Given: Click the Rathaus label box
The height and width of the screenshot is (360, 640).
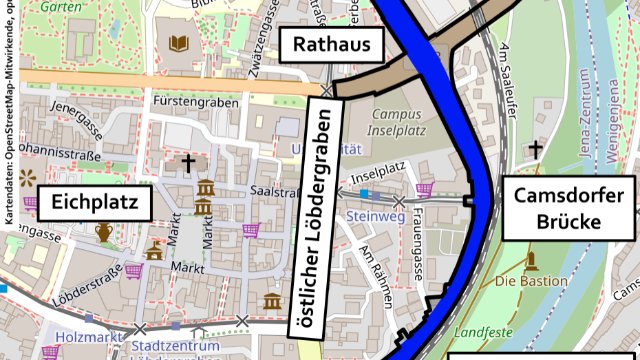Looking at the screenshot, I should coord(325,44).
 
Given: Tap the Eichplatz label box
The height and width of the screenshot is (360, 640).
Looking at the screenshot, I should coord(94,204).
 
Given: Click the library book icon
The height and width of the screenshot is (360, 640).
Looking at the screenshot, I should coord(179,43).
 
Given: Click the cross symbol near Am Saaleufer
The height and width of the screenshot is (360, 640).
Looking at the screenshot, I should coord(536,149).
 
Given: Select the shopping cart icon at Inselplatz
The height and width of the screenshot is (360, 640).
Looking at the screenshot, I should coord(425,187).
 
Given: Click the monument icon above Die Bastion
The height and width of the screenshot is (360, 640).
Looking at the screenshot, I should coord(531,262).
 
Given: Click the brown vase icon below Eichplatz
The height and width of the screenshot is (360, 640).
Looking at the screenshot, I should coord(104,232).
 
